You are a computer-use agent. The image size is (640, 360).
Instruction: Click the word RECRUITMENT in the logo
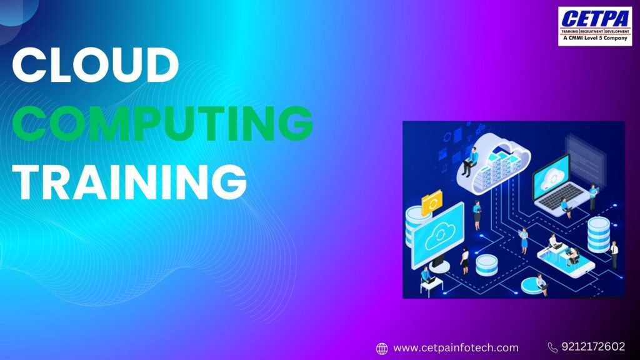(594, 31)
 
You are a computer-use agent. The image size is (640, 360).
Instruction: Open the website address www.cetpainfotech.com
(456, 347)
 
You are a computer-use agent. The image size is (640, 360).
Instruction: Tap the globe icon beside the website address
(382, 348)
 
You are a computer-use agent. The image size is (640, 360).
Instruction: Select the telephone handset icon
(552, 347)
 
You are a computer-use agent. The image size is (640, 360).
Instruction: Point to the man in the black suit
(614, 254)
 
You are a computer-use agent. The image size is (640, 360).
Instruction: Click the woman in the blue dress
(524, 239)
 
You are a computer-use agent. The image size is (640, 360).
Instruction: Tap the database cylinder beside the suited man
(598, 234)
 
